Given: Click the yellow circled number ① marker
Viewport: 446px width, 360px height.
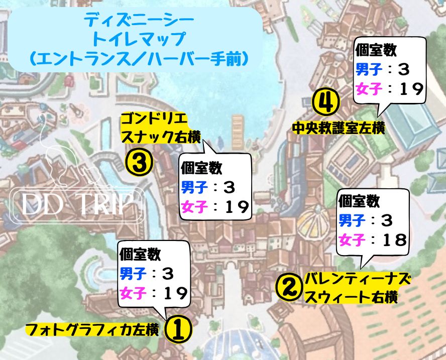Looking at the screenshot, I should (x=179, y=329).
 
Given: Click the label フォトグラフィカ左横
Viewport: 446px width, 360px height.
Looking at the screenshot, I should (x=92, y=330).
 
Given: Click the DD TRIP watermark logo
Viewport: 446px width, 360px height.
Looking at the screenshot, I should (x=77, y=204).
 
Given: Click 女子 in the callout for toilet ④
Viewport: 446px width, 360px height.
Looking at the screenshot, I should (x=369, y=88).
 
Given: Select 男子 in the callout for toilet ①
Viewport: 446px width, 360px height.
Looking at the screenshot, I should (x=133, y=274).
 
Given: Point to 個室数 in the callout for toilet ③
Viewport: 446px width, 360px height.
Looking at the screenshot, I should (x=201, y=168).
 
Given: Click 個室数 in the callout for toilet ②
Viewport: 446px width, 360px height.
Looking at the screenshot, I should (x=359, y=201).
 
